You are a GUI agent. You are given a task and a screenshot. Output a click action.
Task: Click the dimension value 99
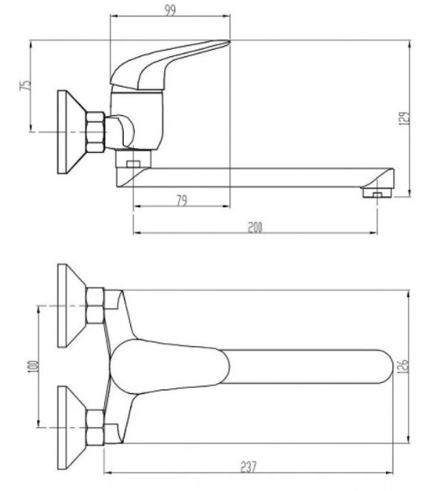170,10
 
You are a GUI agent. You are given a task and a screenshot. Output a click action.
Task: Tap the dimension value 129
404,118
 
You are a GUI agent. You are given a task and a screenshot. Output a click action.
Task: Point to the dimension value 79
181,200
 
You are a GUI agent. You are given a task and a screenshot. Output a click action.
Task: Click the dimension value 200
255,227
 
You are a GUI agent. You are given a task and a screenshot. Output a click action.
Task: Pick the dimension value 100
33,366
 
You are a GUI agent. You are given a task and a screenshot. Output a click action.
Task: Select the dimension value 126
403,366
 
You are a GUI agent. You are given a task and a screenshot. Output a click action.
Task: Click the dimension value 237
249,467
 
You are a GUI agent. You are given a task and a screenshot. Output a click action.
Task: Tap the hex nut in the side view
95,132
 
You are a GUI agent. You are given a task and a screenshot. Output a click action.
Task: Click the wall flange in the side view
72,132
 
